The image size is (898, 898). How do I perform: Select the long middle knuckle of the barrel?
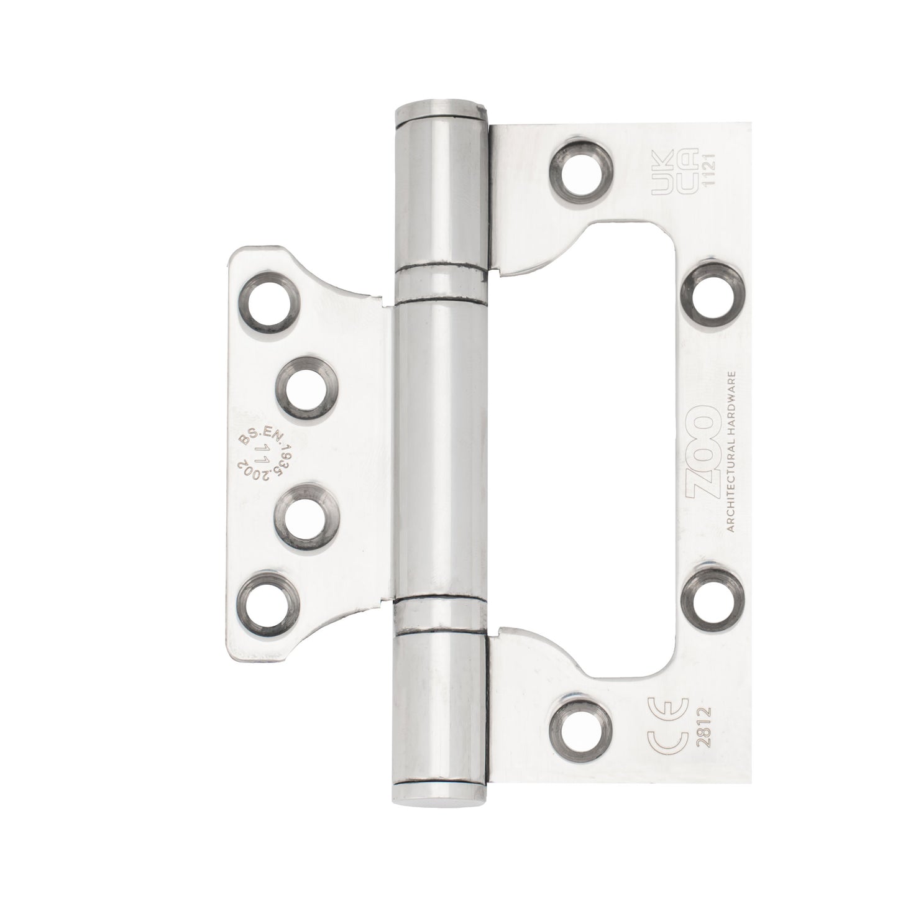click(x=441, y=447)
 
